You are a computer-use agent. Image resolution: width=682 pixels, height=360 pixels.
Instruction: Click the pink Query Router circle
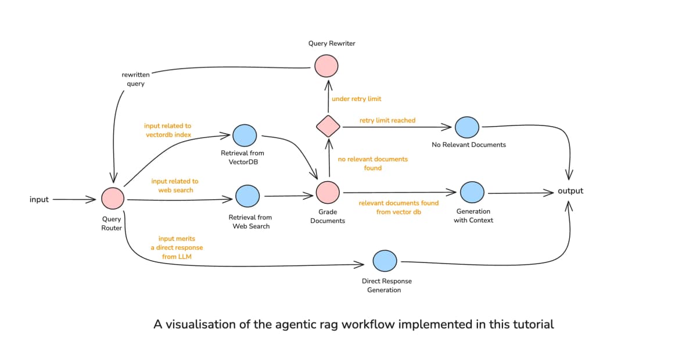[113, 199]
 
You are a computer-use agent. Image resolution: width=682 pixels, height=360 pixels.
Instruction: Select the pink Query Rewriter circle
[326, 66]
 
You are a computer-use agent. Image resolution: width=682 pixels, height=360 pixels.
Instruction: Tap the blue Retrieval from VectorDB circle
[244, 135]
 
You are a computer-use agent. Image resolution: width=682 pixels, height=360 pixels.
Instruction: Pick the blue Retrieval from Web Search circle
[247, 196]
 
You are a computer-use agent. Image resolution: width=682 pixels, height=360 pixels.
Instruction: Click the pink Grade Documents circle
[328, 192]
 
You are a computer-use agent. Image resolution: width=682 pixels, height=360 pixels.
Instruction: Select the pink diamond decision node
[328, 125]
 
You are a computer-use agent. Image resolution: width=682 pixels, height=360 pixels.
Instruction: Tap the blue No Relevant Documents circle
[467, 127]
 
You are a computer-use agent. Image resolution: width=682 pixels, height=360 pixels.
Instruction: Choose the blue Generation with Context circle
[472, 192]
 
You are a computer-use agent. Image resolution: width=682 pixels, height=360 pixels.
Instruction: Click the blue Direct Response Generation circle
[385, 261]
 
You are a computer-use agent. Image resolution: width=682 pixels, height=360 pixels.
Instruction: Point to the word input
[39, 200]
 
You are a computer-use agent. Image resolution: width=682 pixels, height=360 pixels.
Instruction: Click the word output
[570, 191]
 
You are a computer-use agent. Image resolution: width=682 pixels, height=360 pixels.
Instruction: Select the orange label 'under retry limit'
[356, 99]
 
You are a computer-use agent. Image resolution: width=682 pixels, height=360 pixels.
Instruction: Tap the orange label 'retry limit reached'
[387, 120]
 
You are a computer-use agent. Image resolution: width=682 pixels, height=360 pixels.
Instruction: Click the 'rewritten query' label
[135, 80]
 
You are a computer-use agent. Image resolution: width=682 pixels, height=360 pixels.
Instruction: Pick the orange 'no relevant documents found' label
[372, 163]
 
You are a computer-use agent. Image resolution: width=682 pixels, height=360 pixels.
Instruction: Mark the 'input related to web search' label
[175, 186]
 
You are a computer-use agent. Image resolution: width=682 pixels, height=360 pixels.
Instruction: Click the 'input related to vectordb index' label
[168, 130]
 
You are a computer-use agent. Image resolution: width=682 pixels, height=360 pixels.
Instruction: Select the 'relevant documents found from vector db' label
[399, 207]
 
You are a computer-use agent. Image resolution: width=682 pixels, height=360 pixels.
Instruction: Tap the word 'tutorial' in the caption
[531, 325]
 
